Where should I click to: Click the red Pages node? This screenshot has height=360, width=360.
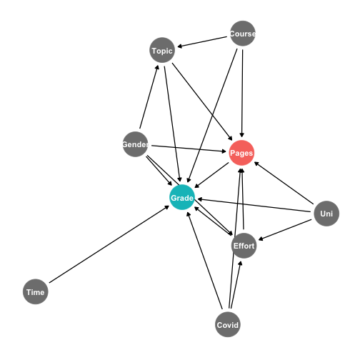(241, 153)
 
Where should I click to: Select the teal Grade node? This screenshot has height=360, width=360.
(182, 197)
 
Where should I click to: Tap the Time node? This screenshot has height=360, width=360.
(36, 291)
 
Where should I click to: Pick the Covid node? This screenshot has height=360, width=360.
(228, 324)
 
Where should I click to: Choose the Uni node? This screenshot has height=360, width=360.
(326, 214)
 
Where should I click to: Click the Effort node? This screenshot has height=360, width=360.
(244, 246)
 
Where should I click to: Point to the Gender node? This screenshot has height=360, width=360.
(135, 144)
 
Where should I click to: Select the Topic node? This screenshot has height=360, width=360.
(162, 50)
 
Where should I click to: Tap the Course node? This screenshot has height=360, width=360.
(243, 34)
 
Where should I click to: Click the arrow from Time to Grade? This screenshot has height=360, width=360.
(109, 244)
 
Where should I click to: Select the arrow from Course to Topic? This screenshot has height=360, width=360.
(202, 41)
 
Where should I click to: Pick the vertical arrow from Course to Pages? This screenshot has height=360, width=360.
(242, 94)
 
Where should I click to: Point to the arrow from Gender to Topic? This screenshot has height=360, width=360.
(149, 96)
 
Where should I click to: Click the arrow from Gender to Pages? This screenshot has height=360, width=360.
(189, 149)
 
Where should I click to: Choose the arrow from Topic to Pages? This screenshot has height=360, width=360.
(202, 101)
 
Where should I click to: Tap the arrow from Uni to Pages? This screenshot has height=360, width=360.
(284, 183)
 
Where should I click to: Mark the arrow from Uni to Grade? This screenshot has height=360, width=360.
(254, 205)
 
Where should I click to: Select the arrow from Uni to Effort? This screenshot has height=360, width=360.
(285, 230)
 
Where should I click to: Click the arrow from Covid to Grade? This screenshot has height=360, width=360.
(204, 261)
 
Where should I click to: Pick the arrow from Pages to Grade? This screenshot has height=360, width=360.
(211, 175)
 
